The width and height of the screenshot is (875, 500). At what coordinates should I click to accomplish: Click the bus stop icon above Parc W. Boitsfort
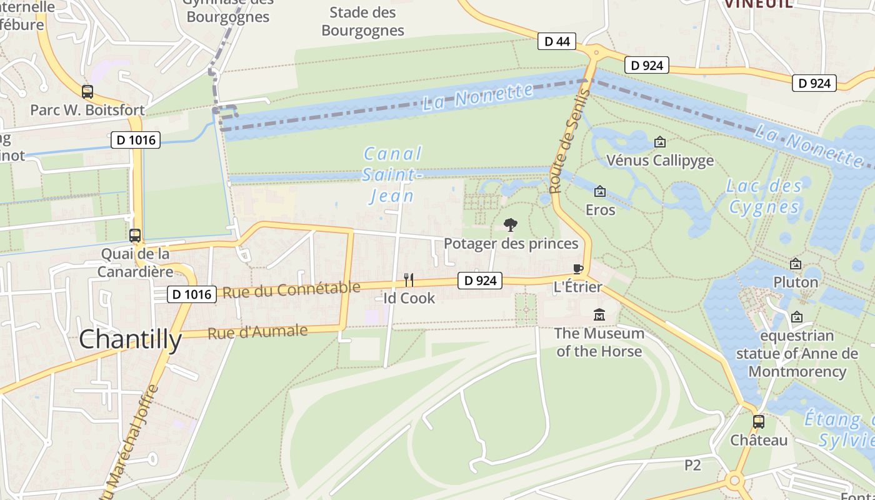click(x=87, y=92)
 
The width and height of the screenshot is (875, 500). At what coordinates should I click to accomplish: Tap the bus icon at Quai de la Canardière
click(x=135, y=236)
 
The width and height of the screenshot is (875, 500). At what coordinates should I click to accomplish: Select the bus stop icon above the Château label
click(x=759, y=421)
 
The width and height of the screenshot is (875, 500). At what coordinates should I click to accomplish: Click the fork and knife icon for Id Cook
click(x=409, y=279)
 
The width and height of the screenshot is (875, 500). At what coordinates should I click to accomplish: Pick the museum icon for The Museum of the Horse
click(x=599, y=314)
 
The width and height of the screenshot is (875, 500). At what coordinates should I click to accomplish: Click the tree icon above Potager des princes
click(x=511, y=225)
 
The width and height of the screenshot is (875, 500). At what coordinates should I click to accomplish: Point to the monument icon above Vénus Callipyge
click(x=659, y=142)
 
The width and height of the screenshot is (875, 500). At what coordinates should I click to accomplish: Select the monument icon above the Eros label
click(x=600, y=191)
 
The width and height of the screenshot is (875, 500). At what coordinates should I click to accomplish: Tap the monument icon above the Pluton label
click(x=796, y=264)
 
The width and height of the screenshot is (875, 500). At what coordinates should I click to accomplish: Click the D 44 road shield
click(x=557, y=41)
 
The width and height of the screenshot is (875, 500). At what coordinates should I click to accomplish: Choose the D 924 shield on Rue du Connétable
click(x=480, y=281)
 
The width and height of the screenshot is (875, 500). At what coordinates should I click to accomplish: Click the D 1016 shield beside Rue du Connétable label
click(x=192, y=294)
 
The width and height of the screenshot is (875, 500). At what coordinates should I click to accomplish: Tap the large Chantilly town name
click(x=130, y=339)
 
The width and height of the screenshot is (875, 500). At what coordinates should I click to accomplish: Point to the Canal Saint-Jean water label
click(x=392, y=175)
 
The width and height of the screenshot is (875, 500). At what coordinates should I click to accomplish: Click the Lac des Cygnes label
click(x=764, y=196)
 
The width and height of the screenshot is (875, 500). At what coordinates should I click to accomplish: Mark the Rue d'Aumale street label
click(x=257, y=332)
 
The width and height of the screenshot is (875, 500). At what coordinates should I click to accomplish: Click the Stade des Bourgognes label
click(x=362, y=21)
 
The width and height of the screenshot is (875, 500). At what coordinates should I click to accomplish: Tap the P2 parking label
click(x=692, y=465)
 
